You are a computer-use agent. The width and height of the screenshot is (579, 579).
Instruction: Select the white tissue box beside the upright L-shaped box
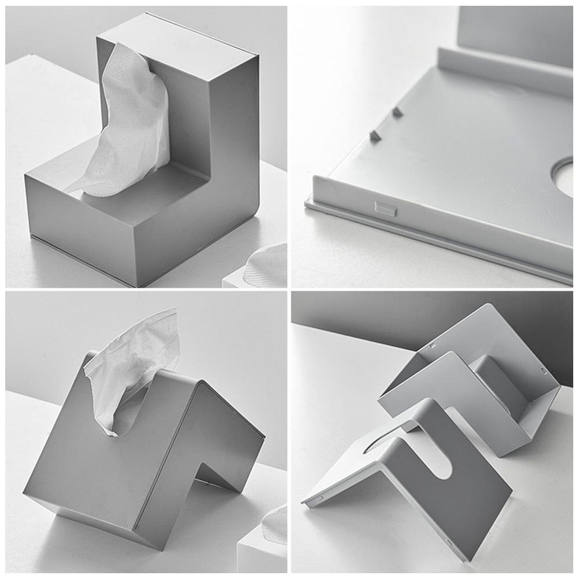pos(261,269)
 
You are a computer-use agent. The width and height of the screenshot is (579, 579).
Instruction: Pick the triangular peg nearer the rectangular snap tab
pos(375,135)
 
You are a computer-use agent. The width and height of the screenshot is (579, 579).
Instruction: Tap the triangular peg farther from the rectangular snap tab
pos(397,112)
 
